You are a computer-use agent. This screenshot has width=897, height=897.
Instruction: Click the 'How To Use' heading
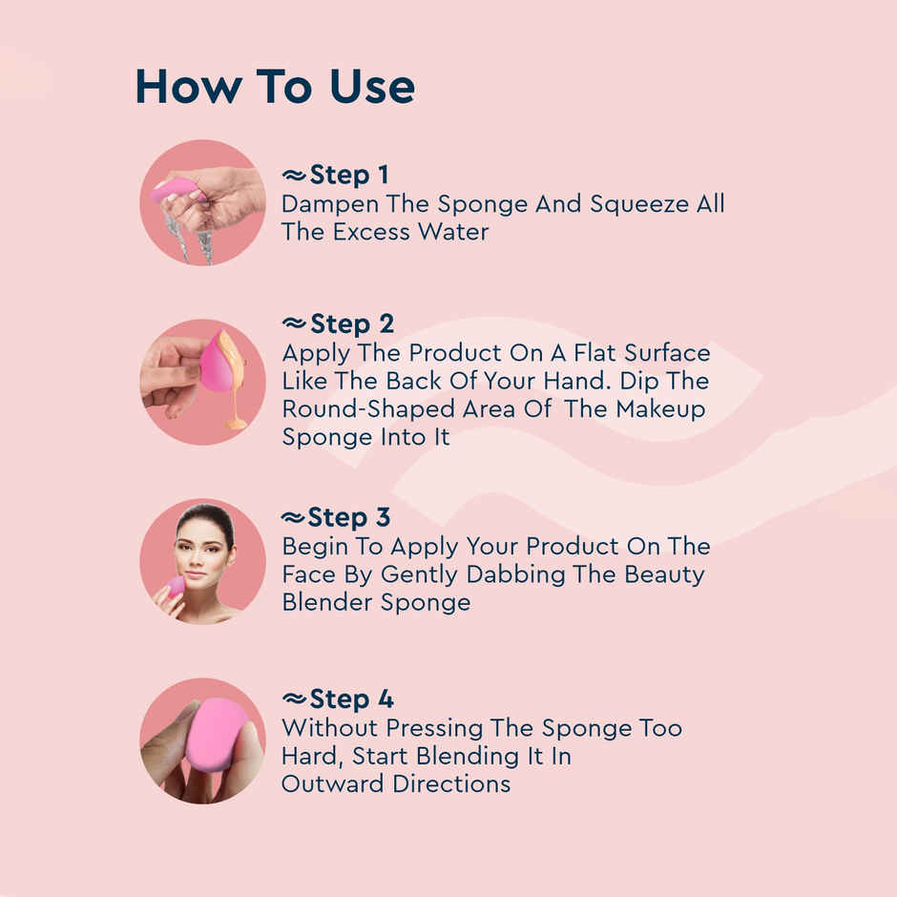point(275,86)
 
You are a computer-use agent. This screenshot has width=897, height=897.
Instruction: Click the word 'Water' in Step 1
point(448,232)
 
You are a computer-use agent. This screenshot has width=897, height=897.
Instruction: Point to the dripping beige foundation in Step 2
point(233,382)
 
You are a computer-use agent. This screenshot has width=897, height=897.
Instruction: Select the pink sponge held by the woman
point(177,585)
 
